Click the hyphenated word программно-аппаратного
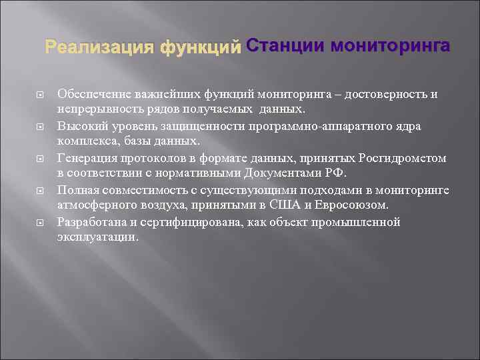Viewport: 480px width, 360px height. pyautogui.click(x=321, y=126)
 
